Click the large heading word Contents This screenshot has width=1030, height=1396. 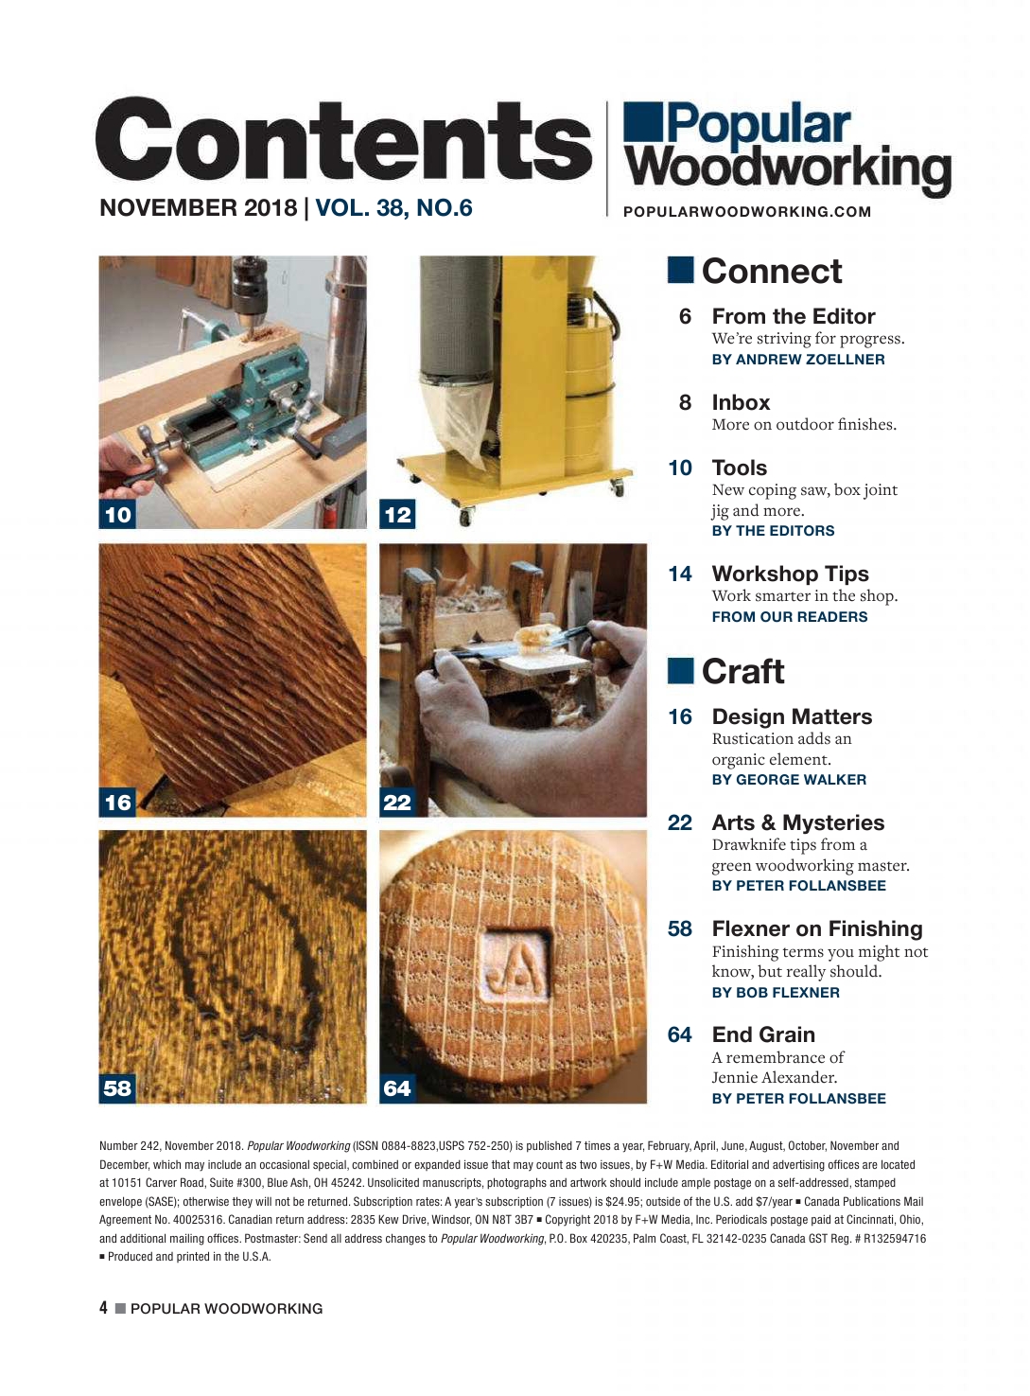[x=343, y=140]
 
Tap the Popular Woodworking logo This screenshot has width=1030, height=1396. [x=787, y=149]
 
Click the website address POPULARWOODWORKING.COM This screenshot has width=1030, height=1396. [x=747, y=212]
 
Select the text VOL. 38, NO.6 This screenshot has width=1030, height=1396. [x=393, y=208]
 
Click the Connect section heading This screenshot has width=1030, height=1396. [x=755, y=272]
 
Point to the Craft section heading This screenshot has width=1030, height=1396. [x=725, y=671]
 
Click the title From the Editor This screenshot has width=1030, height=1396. [x=794, y=316]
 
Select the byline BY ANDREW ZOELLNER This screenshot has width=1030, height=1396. [x=798, y=360]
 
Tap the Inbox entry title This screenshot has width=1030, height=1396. [x=741, y=402]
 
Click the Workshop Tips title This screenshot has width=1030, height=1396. [x=791, y=574]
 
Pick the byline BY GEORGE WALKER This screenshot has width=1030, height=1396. [x=789, y=779]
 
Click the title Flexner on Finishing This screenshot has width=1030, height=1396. [x=817, y=928]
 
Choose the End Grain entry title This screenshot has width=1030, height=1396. [x=763, y=1034]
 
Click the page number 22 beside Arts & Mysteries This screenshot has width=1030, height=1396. [x=679, y=822]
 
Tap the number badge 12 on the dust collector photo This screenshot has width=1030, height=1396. [x=397, y=514]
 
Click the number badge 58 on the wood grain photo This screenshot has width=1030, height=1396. [x=117, y=1088]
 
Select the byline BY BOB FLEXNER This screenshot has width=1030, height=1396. [x=776, y=993]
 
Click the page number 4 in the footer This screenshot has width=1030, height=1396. [x=103, y=1308]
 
